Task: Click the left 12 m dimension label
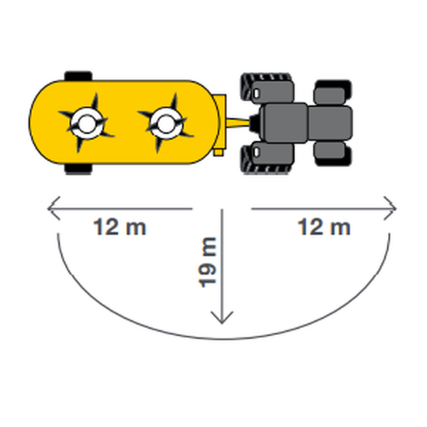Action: click(120, 227)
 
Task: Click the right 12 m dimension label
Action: click(324, 227)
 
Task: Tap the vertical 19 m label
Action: click(207, 262)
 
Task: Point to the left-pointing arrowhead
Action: click(54, 209)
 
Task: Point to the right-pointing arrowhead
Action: click(390, 209)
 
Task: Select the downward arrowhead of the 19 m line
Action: click(222, 317)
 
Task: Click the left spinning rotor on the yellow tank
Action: click(86, 123)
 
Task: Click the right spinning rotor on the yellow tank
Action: click(166, 123)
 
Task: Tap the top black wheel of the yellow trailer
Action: click(78, 76)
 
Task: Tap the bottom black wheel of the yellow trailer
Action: click(78, 169)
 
